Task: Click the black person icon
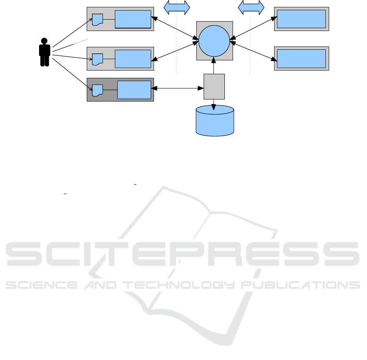44,52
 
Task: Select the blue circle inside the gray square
214,40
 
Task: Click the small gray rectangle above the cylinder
214,86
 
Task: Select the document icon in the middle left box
97,59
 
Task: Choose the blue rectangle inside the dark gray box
134,90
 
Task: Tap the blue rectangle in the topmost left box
133,19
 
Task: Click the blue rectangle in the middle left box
133,59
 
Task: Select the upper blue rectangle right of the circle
301,19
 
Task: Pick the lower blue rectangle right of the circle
301,59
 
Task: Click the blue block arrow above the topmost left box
177,7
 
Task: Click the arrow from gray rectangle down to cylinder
214,102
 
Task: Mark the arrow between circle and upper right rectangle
253,28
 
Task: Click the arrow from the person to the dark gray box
69,73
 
